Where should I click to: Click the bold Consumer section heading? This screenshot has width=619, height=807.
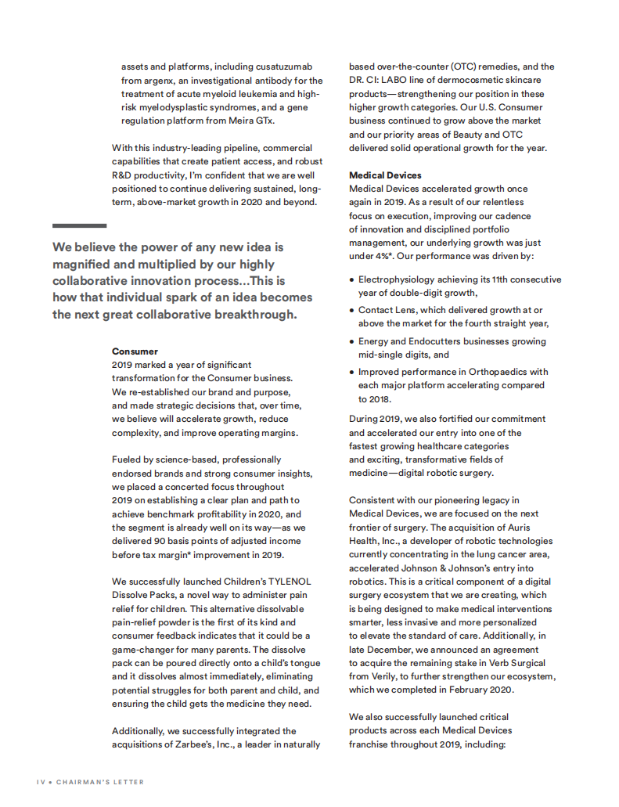[135, 351]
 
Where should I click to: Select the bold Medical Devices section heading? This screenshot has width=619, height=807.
[385, 175]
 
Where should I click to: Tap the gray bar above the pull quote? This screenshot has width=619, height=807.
[79, 225]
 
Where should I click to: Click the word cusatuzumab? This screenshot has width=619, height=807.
[286, 67]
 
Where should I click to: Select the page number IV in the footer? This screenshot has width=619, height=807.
[41, 782]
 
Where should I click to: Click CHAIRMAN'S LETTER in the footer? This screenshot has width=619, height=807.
[99, 782]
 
